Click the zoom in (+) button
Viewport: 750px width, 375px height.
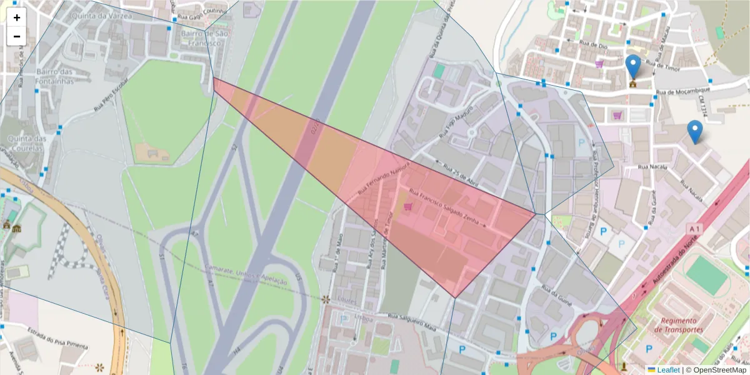(x=17, y=17)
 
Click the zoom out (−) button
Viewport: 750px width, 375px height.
(x=17, y=36)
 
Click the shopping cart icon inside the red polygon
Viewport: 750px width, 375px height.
(x=407, y=206)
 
